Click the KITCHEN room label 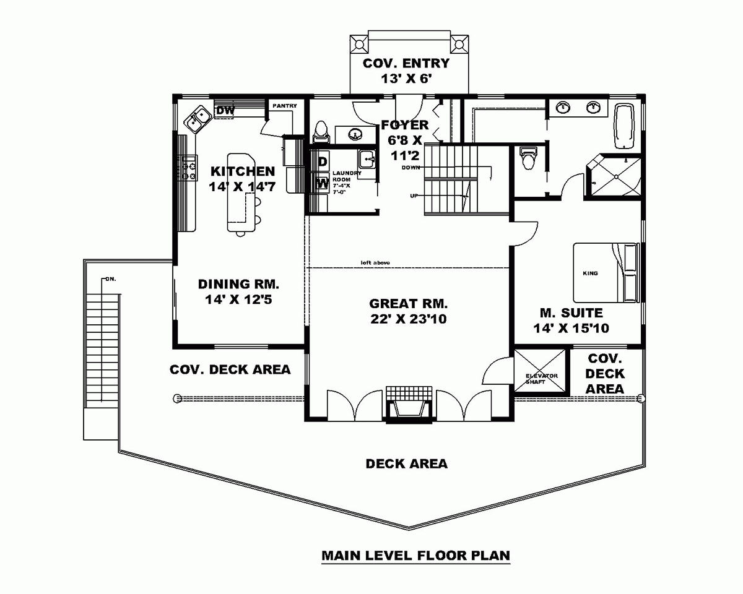tap(242, 171)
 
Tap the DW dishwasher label tap(225, 111)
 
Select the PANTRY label tap(285, 106)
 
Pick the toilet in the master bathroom tap(528, 158)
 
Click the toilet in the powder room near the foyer tap(321, 131)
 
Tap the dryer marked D tap(322, 161)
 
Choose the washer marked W tap(322, 183)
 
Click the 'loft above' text tap(375, 263)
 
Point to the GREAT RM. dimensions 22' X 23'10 tap(408, 319)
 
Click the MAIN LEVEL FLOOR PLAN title tap(415, 555)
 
